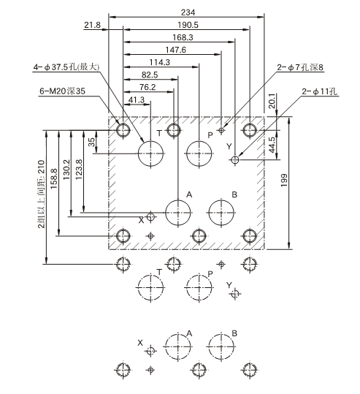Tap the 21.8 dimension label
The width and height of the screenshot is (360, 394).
tap(93, 25)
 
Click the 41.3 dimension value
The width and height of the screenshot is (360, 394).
tap(137, 99)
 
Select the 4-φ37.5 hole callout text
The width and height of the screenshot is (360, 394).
tap(66, 67)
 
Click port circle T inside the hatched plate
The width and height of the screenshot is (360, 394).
tap(151, 153)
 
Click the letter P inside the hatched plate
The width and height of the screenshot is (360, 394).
tap(210, 135)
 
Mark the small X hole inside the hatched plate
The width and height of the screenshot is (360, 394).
tap(151, 217)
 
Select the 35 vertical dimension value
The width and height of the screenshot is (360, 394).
tap(91, 142)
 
